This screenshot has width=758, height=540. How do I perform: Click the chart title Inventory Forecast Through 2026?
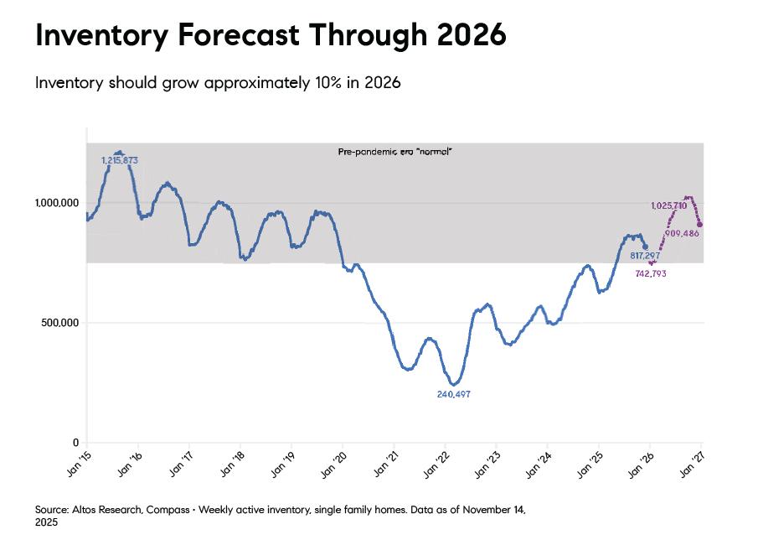coord(271,35)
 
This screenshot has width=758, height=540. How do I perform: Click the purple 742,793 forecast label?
coord(650,273)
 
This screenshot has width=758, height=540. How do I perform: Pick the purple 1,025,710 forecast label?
coord(668,205)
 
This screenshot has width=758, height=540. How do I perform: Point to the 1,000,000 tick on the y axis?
coord(56,203)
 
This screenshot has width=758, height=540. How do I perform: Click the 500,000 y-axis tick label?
coord(59,323)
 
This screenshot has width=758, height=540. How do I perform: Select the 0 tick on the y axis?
coord(75,443)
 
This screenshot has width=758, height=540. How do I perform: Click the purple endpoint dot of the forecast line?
coord(699,225)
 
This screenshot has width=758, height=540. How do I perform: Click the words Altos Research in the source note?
coord(102,509)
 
